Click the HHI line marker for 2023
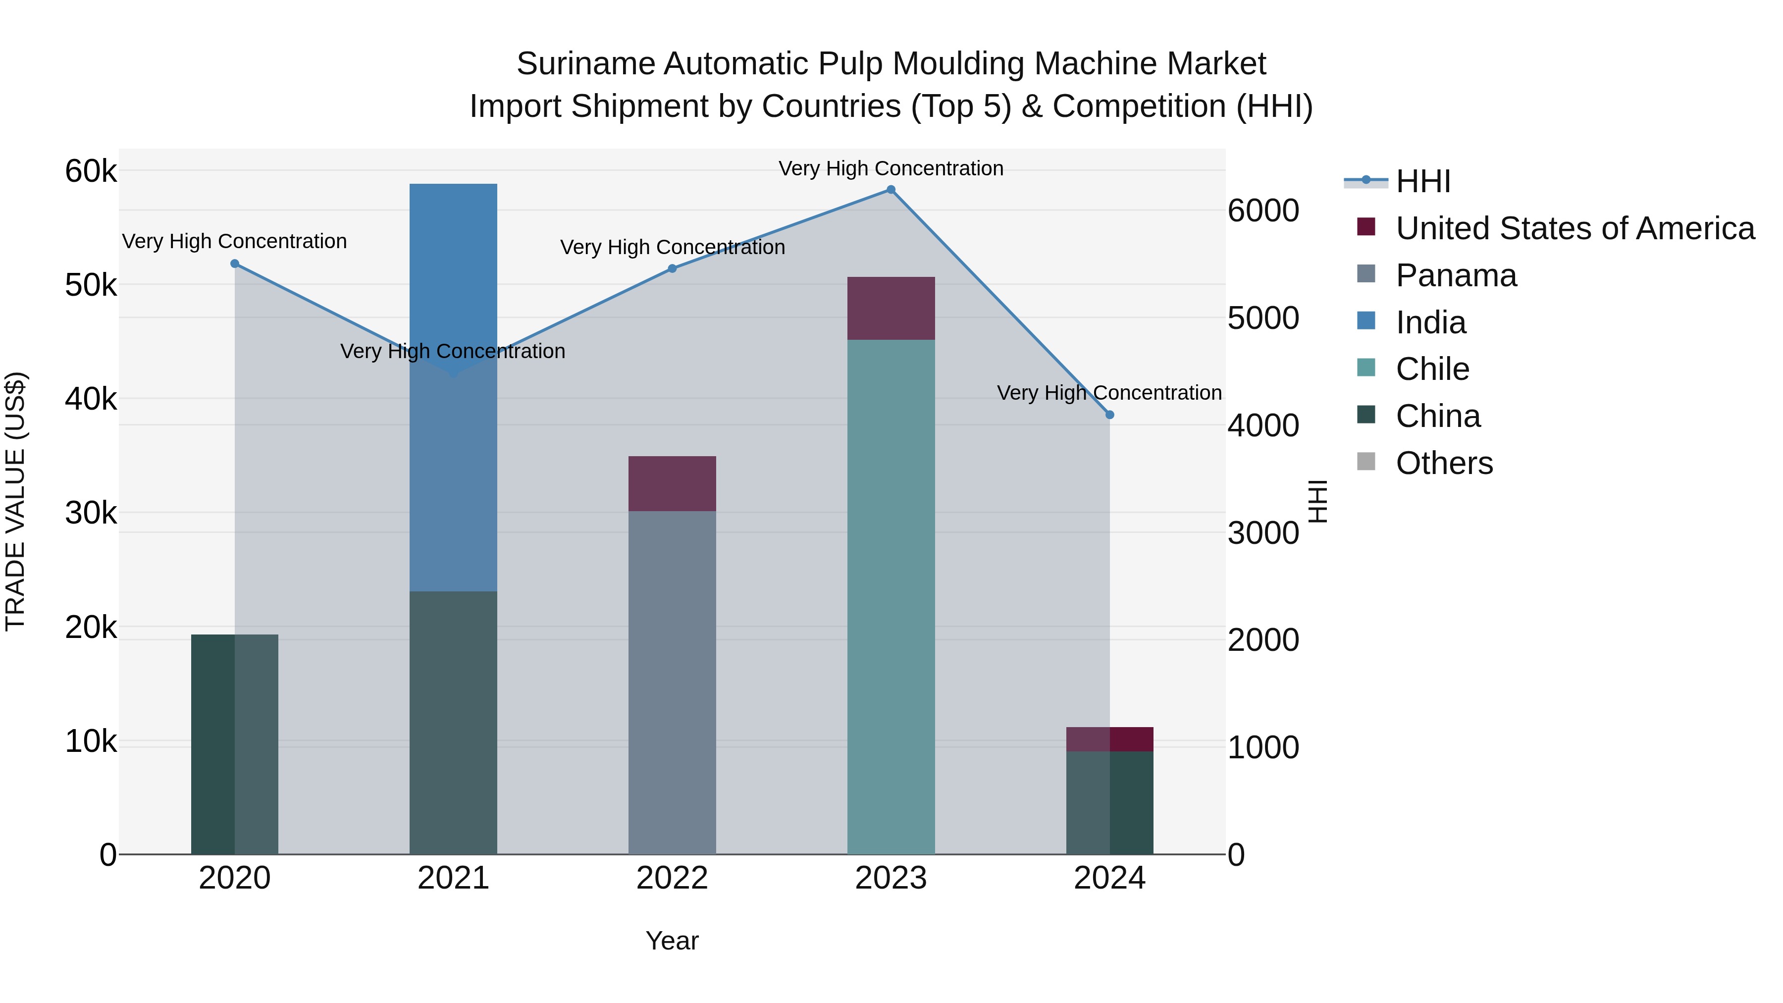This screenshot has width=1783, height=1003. tap(891, 190)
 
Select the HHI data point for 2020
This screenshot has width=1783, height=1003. tap(235, 264)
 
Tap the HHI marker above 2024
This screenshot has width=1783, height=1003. tap(1109, 415)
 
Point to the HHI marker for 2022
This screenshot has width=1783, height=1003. tap(672, 268)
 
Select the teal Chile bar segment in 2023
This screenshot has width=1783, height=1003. tap(891, 595)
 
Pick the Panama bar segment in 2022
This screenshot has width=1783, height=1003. tap(672, 682)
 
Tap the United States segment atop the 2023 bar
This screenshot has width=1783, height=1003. tap(891, 308)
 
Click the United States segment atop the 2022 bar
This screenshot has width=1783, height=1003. tap(672, 483)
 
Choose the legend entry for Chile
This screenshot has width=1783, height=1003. tap(1432, 369)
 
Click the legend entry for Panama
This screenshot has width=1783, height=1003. tap(1456, 275)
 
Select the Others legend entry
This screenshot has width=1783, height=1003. tap(1444, 463)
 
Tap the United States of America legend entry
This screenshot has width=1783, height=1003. tap(1574, 228)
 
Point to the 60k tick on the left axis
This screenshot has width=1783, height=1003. tap(91, 171)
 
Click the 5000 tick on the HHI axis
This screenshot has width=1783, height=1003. tap(1263, 318)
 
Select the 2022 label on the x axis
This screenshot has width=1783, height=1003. tap(672, 878)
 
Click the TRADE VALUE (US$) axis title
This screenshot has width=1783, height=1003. tap(16, 501)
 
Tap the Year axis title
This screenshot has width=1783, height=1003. tap(672, 941)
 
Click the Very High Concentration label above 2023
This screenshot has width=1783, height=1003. tap(891, 168)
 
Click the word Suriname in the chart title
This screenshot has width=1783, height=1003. tap(585, 64)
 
